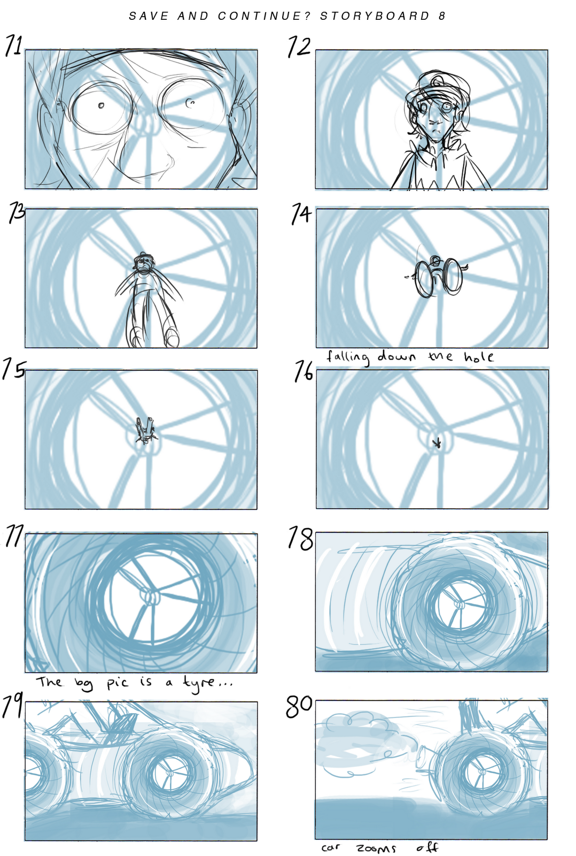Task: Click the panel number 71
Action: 14,45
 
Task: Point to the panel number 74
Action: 301,214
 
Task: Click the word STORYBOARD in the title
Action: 375,16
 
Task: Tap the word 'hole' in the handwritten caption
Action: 478,357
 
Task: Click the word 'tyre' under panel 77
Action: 200,682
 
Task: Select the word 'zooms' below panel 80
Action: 376,848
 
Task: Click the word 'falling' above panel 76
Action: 348,357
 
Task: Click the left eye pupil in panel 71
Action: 101,105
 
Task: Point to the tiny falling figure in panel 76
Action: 438,443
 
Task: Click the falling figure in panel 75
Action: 146,431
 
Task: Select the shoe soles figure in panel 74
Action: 438,277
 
